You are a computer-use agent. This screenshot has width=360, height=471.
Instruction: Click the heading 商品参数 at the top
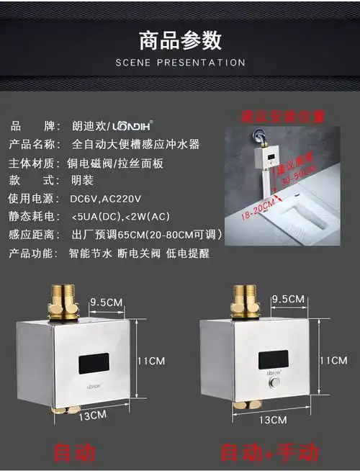point(180,40)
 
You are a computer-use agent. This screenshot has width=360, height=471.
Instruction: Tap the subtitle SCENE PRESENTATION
point(180,63)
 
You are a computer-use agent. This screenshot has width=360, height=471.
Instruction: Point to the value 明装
point(83,179)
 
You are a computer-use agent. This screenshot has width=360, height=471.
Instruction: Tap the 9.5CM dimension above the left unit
point(106,301)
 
